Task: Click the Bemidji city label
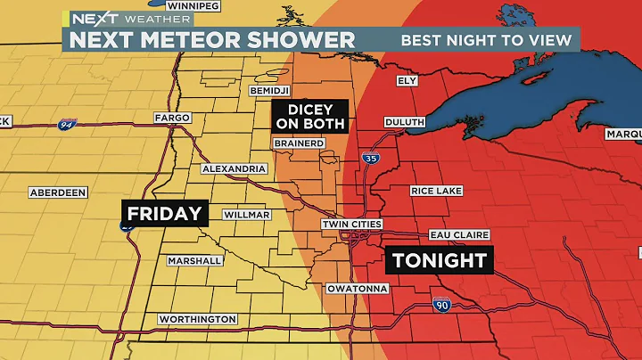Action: coord(267,93)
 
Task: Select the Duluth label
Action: coord(404,122)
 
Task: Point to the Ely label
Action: coord(407,80)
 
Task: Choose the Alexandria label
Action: coord(235,168)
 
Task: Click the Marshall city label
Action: coord(194,260)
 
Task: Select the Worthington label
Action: coord(197,319)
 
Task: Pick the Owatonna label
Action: coord(357,289)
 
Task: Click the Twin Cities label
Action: coord(352,224)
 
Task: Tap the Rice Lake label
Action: coord(434,191)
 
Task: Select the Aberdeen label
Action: coord(57,192)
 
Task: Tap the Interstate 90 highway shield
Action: coord(442,305)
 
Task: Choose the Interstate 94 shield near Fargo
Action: coord(65,125)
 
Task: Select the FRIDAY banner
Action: coord(165,214)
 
